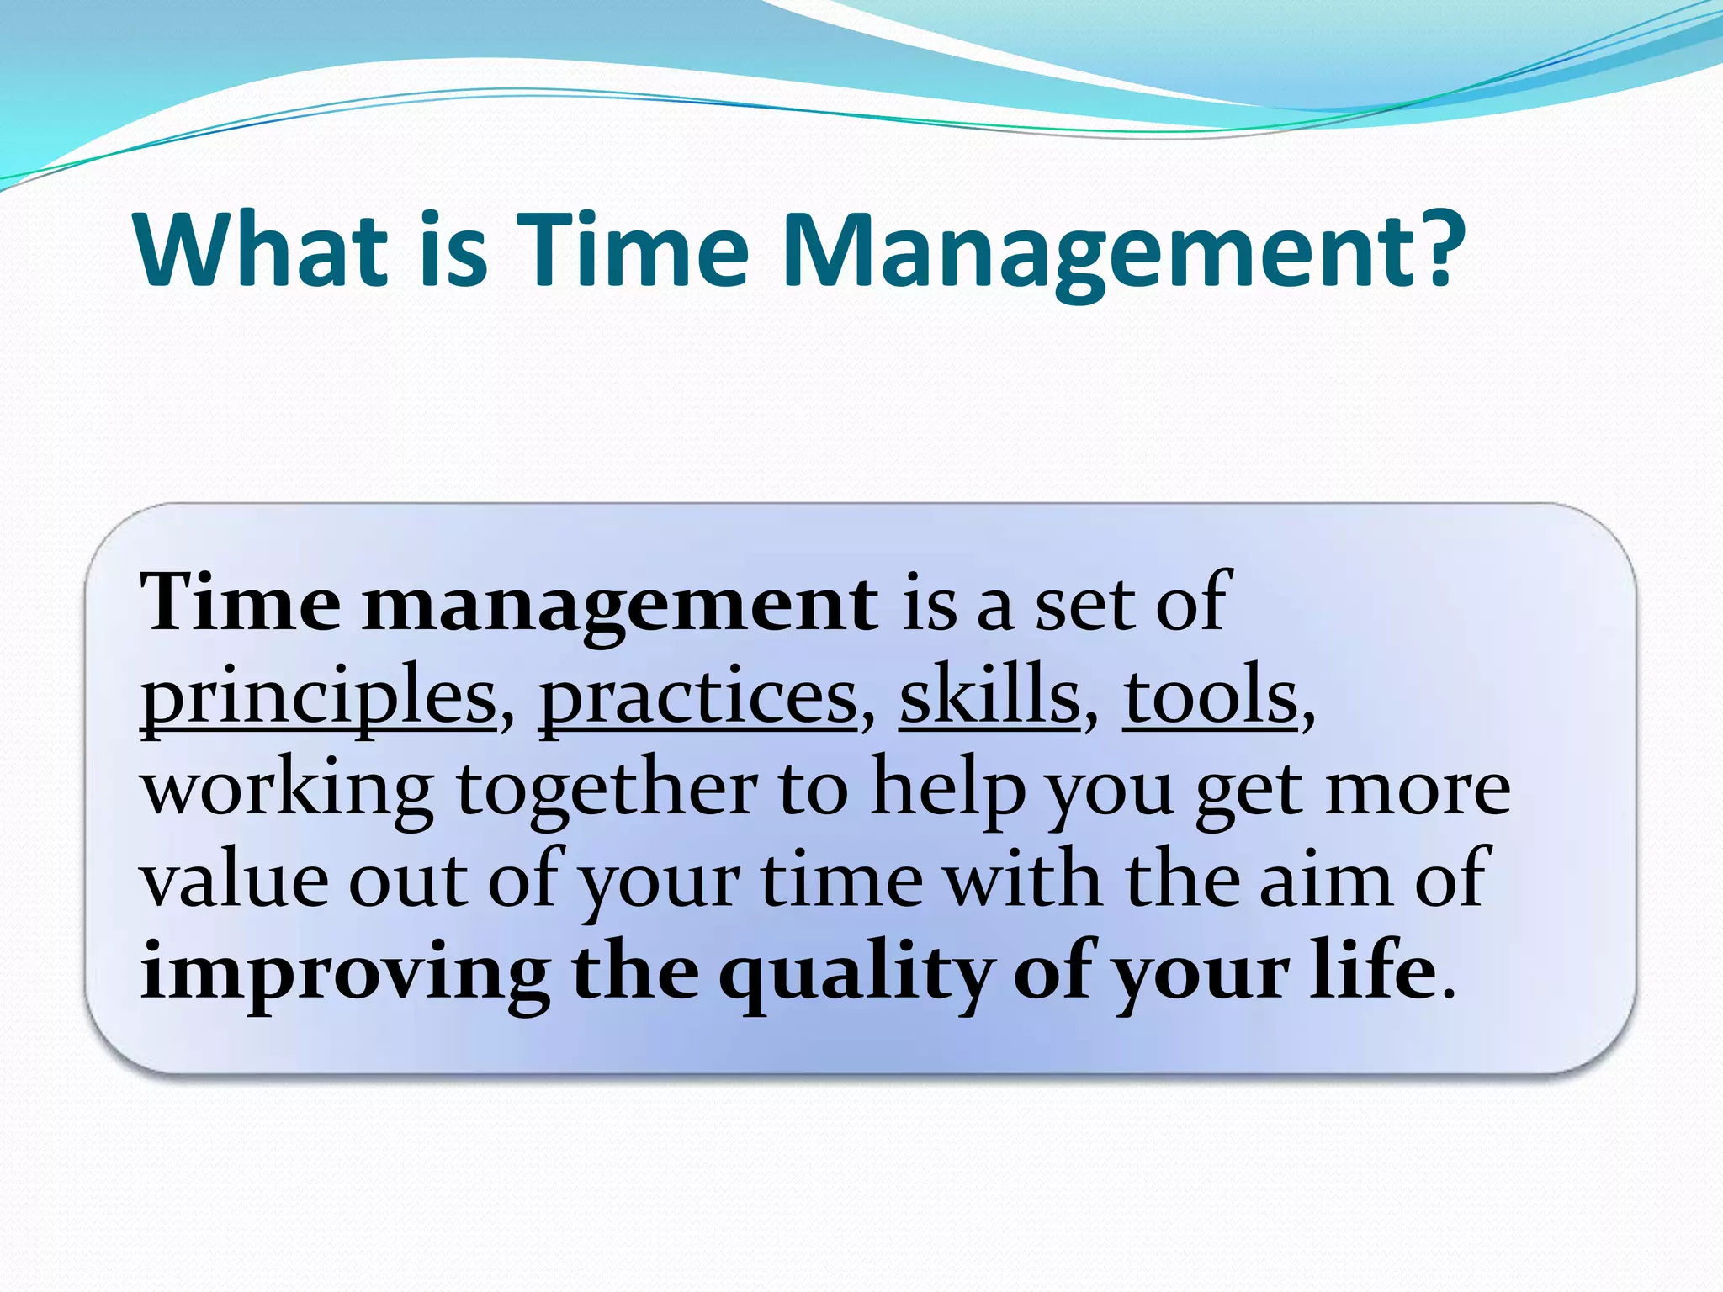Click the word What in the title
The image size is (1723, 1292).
pyautogui.click(x=260, y=251)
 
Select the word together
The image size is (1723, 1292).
pyautogui.click(x=607, y=791)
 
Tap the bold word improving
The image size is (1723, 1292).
pyautogui.click(x=344, y=976)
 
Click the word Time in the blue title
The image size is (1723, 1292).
pyautogui.click(x=633, y=251)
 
